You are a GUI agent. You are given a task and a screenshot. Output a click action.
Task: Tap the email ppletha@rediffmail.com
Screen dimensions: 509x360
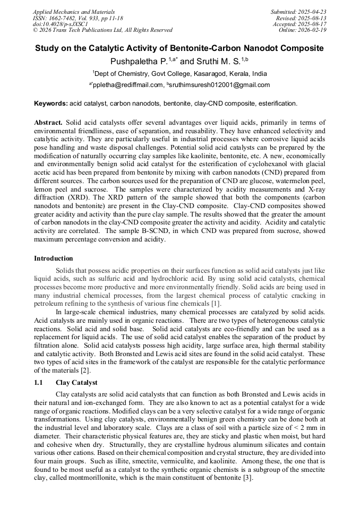127,85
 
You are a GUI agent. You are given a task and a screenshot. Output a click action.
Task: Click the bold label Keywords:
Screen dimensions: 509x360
50,103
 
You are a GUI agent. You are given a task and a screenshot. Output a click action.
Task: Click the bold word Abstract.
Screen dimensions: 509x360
48,122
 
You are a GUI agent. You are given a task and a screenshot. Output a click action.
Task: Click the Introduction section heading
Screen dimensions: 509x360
54,258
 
